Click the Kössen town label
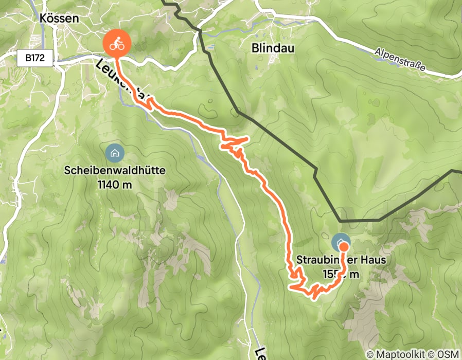tap(59, 18)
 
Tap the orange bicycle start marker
tap(117, 44)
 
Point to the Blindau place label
tap(273, 48)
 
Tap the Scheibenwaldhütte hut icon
tap(114, 152)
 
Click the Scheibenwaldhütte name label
tap(115, 170)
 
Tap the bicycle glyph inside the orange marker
tap(117, 43)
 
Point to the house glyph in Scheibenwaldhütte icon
tap(114, 152)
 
